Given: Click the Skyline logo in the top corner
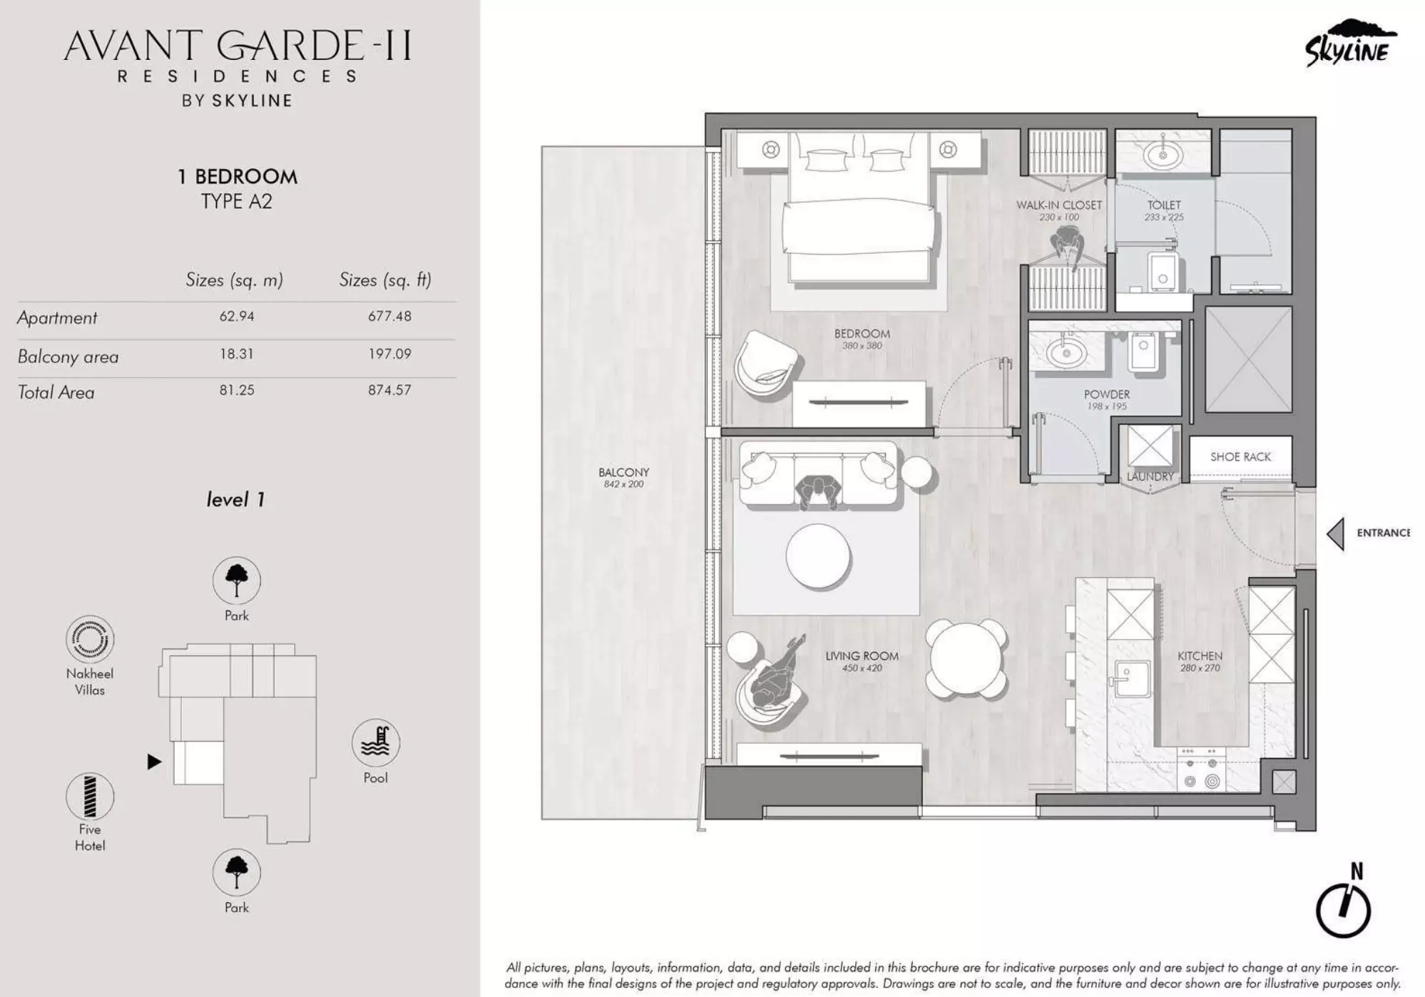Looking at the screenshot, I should tap(1348, 44).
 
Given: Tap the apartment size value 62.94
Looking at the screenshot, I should tap(236, 316).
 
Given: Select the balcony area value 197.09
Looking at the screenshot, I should tap(389, 354).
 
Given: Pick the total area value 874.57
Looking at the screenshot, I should tap(389, 390).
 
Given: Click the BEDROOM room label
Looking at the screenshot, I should tap(862, 334).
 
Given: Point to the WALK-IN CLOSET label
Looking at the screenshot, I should tap(1058, 205).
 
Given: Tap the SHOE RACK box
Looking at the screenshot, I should tap(1240, 457).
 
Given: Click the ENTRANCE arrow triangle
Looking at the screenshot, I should tap(1336, 533).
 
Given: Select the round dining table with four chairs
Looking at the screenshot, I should tap(966, 658).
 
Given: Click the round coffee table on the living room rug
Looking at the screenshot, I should tap(818, 556).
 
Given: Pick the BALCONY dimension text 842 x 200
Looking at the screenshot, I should tap(623, 484).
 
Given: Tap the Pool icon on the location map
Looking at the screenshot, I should tap(375, 742).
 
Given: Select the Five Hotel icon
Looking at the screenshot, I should tap(90, 797).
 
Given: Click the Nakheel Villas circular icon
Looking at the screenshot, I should tap(90, 639).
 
